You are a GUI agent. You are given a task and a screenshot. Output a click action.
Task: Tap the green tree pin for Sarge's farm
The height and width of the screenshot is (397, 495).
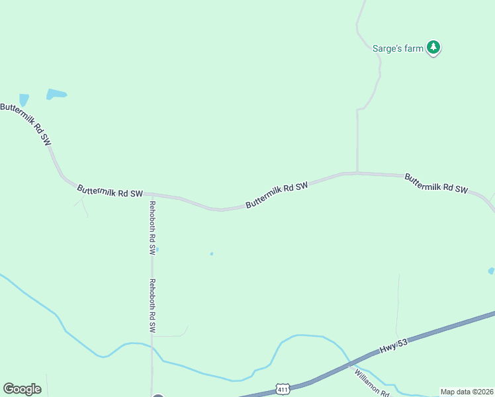point(433,47)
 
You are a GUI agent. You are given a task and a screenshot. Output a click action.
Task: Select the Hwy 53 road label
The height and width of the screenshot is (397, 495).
point(396,347)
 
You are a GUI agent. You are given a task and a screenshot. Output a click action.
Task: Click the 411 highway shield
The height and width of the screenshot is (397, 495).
point(283,388)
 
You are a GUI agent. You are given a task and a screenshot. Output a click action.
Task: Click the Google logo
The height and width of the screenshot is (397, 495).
point(22,389)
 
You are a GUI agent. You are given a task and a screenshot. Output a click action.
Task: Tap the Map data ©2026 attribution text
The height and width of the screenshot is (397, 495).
point(467,392)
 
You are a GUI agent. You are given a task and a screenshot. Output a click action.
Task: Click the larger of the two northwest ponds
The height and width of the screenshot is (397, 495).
point(56,94)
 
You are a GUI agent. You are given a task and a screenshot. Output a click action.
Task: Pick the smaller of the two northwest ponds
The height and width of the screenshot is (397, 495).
point(24,100)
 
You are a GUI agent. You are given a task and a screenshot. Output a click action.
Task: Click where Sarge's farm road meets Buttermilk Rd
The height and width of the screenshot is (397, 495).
point(357,173)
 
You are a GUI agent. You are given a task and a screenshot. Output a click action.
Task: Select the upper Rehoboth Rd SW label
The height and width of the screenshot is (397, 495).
point(152,228)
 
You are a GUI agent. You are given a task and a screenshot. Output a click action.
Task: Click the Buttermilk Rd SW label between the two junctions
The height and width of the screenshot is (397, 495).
point(277,196)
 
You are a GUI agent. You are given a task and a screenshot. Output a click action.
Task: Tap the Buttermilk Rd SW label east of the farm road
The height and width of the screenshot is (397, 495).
point(436,183)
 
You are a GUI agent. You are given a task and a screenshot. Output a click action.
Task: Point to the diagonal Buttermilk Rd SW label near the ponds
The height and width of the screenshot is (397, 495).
point(26,124)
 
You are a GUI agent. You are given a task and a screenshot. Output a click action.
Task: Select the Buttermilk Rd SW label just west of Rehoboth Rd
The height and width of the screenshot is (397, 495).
point(110,191)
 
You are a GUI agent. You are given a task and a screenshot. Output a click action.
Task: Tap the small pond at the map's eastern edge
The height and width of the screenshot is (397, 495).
point(491,271)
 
